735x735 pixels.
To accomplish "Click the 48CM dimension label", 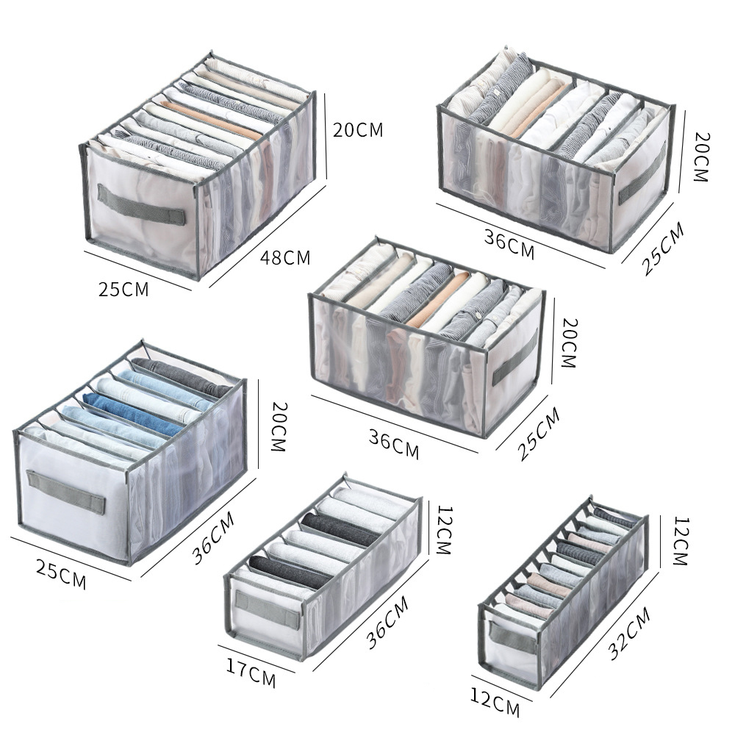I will click(x=285, y=258).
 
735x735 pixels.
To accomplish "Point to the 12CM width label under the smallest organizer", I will click(x=495, y=706).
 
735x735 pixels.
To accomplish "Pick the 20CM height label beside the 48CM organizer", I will click(x=358, y=130).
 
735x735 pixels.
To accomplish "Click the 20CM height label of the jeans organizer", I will click(x=277, y=426).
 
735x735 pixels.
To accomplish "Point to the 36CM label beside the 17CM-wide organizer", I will click(x=387, y=623).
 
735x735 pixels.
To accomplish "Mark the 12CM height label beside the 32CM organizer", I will click(x=679, y=541).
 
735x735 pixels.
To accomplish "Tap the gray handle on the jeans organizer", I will click(x=66, y=493).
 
